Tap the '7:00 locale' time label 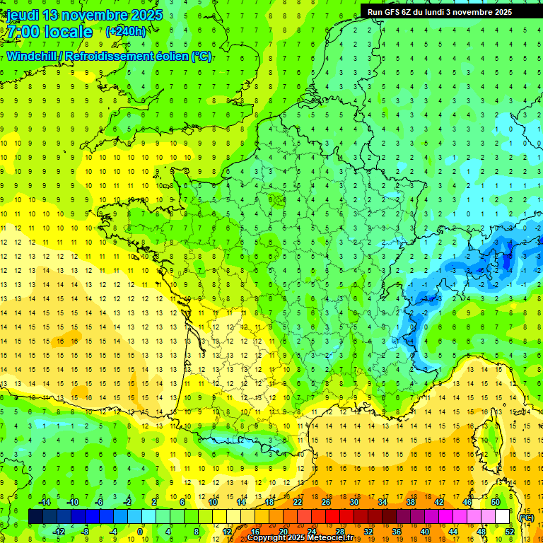pyautogui.click(x=49, y=32)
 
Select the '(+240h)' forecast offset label pyautogui.click(x=126, y=31)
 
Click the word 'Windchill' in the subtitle pyautogui.click(x=33, y=56)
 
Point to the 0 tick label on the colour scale pyautogui.click(x=140, y=532)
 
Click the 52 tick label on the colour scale pyautogui.click(x=510, y=532)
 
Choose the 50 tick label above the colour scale pyautogui.click(x=496, y=502)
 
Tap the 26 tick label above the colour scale pyautogui.click(x=326, y=502)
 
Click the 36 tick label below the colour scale pyautogui.click(x=396, y=532)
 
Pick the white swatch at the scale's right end pyautogui.click(x=502, y=517)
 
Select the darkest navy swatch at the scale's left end pyautogui.click(x=35, y=517)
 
